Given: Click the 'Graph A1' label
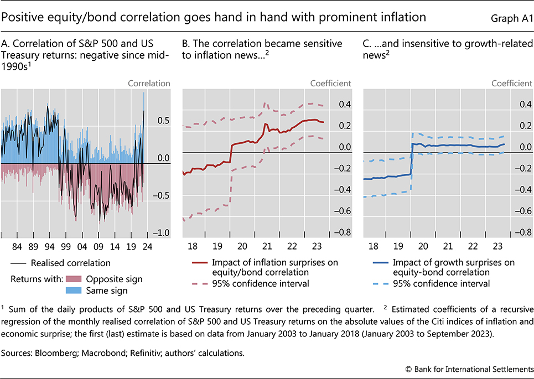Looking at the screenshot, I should (x=510, y=18).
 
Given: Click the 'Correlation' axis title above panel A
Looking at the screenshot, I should (x=149, y=84).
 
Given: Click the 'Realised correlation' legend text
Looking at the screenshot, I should (x=71, y=263).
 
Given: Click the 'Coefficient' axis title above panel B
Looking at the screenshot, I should (x=331, y=84).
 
